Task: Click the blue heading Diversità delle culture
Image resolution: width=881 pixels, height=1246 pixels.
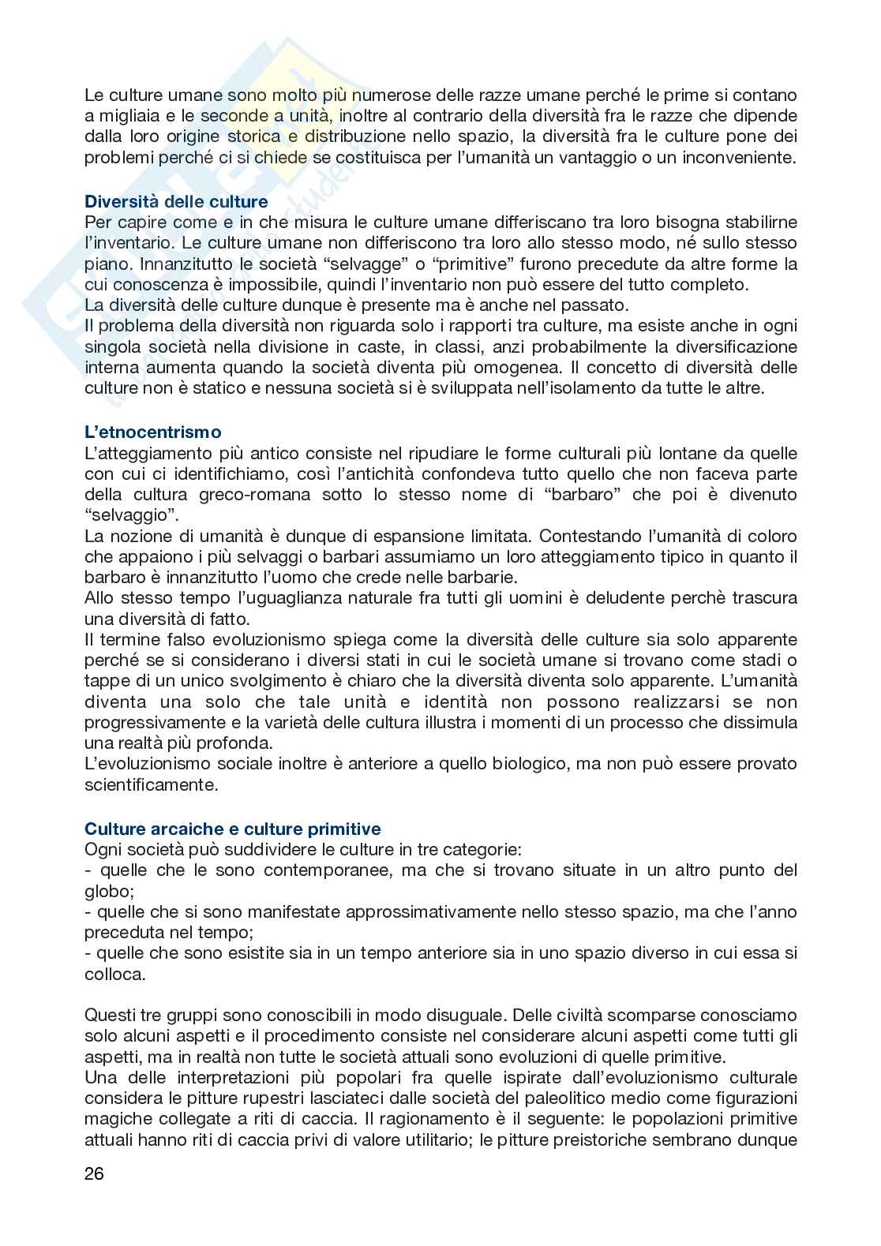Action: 176,201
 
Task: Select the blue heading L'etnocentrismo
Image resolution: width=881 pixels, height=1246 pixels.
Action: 153,432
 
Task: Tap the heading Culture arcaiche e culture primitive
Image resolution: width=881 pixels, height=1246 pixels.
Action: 232,829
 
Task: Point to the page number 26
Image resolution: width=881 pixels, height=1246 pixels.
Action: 95,1195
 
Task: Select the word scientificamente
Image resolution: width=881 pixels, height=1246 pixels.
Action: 150,784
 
